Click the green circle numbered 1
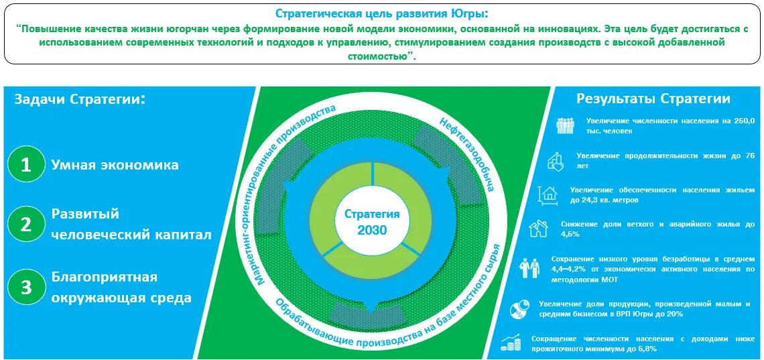coord(26,164)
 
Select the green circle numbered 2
coord(26,224)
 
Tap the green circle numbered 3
coord(26,287)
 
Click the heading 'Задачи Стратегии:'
coord(80,99)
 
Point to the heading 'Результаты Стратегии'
coord(653,99)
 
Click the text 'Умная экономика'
coord(115,165)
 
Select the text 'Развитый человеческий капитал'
coord(131,224)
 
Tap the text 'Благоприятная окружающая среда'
coord(121,287)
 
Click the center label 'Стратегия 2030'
coord(372,221)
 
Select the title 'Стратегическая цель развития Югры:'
coord(382,13)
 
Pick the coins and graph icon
coord(513,343)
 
